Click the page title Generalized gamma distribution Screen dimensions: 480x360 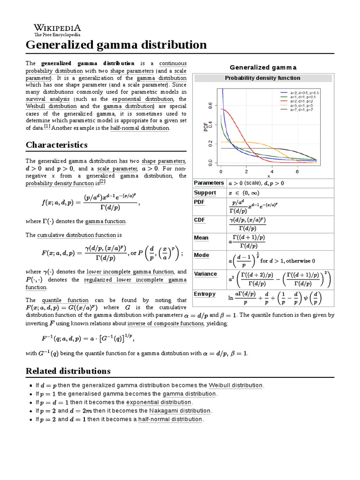116,45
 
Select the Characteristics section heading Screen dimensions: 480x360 56,144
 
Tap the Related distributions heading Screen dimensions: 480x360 67,371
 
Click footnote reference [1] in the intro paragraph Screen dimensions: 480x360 47,127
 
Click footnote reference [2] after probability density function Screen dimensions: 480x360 102,182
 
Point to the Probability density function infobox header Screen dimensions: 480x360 262,78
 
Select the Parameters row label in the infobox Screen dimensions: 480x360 209,183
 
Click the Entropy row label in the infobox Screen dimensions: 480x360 204,294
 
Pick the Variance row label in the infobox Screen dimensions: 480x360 205,274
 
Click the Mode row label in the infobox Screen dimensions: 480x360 202,255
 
